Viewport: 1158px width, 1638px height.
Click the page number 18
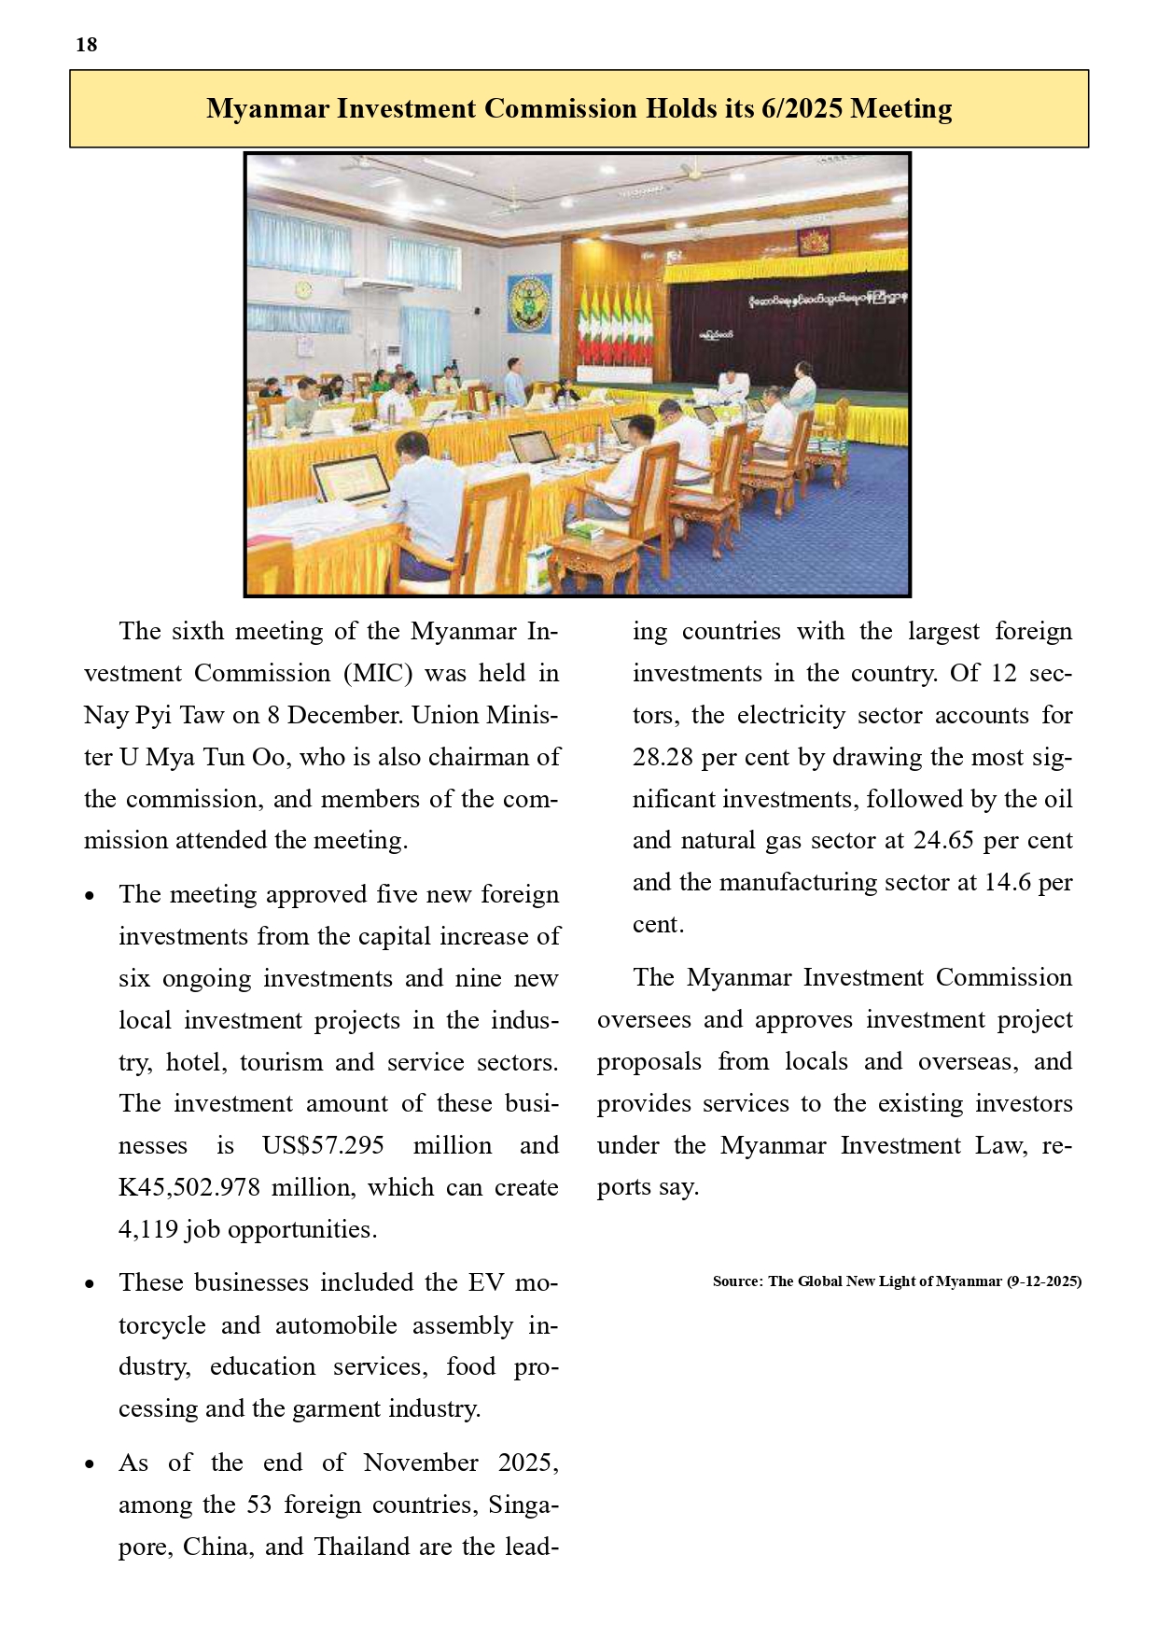pos(87,45)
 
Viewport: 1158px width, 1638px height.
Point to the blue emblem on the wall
pos(529,303)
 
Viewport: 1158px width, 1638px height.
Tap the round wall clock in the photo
pos(303,291)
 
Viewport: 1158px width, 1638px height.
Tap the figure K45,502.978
pos(189,1187)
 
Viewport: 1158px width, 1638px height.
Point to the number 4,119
pos(148,1229)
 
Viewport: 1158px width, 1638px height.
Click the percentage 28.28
pos(663,757)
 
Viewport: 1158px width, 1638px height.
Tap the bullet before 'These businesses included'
pos(90,1284)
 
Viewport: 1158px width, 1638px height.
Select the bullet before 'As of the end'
pos(90,1464)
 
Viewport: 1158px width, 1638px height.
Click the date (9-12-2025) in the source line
pos(1044,1281)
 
